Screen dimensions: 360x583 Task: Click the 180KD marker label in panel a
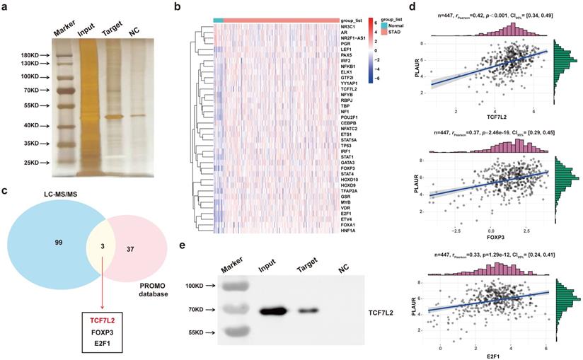point(16,54)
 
